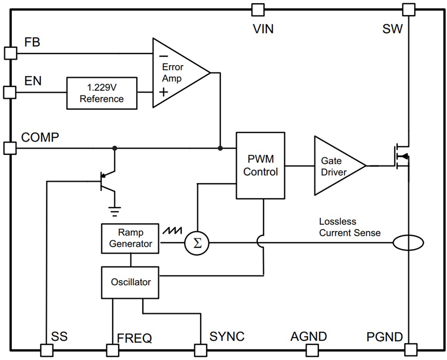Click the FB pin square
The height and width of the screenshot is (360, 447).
click(10, 53)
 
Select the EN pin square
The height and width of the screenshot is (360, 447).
click(10, 92)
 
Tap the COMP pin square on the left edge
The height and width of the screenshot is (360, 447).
click(10, 148)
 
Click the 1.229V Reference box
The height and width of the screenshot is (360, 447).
click(102, 93)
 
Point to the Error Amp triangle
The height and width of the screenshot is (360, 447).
click(177, 73)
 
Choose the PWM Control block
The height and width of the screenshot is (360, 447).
click(260, 165)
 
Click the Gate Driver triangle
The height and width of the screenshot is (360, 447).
click(335, 166)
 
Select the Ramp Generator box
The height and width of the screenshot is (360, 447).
click(130, 238)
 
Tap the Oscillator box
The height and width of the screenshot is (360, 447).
click(130, 282)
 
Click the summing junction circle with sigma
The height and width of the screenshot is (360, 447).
click(197, 243)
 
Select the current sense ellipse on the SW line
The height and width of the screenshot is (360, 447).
click(408, 243)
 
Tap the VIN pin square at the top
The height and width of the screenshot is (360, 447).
click(258, 9)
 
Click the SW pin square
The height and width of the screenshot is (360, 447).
click(409, 9)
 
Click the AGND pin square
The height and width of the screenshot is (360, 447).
click(312, 349)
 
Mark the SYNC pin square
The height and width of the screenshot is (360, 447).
click(200, 349)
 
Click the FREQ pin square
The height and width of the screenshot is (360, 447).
click(113, 349)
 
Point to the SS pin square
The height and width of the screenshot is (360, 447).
click(47, 349)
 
